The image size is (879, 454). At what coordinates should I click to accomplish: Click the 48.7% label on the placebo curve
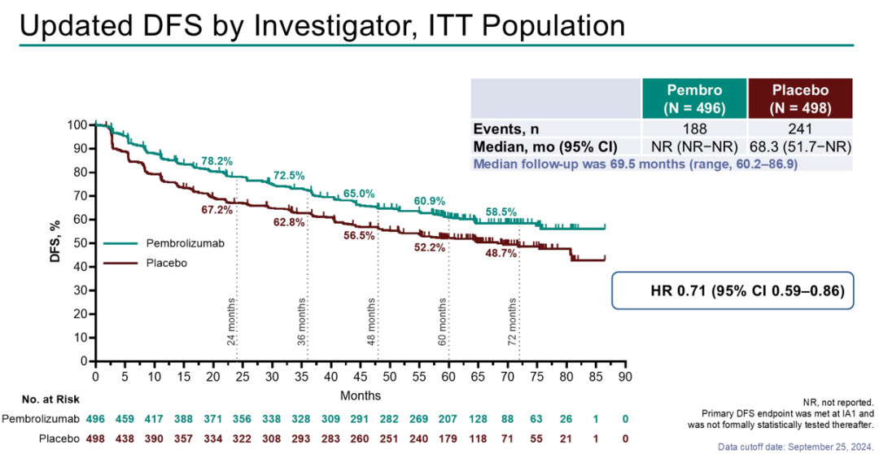click(x=501, y=253)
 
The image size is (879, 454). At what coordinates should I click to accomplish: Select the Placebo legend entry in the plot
click(x=166, y=262)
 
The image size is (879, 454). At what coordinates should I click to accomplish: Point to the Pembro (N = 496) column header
click(x=693, y=98)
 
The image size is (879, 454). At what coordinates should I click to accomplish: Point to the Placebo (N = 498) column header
click(x=800, y=98)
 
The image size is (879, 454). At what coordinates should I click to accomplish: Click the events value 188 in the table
click(x=693, y=128)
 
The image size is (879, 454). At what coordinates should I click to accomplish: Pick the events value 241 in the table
click(x=800, y=128)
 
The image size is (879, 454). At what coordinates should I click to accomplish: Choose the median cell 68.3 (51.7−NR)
click(x=800, y=146)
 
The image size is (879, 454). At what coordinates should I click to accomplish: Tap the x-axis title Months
click(x=360, y=395)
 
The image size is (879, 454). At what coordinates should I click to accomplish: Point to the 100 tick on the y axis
click(x=77, y=124)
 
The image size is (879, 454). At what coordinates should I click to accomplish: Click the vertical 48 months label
click(x=371, y=322)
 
